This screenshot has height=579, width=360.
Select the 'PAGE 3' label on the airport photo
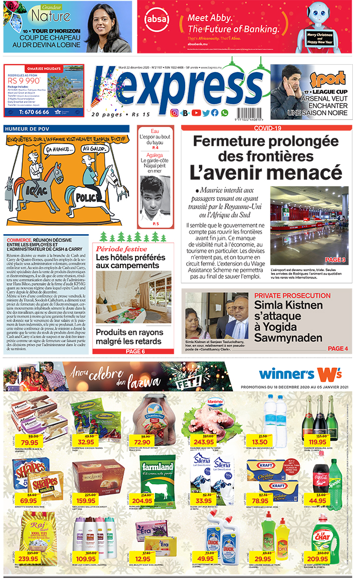335,260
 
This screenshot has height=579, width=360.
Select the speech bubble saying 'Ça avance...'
58,150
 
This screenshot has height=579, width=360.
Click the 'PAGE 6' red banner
136,352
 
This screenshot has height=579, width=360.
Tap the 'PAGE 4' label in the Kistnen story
338,348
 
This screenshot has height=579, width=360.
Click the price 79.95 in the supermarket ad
30,442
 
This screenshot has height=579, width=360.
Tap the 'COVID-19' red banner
267,128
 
